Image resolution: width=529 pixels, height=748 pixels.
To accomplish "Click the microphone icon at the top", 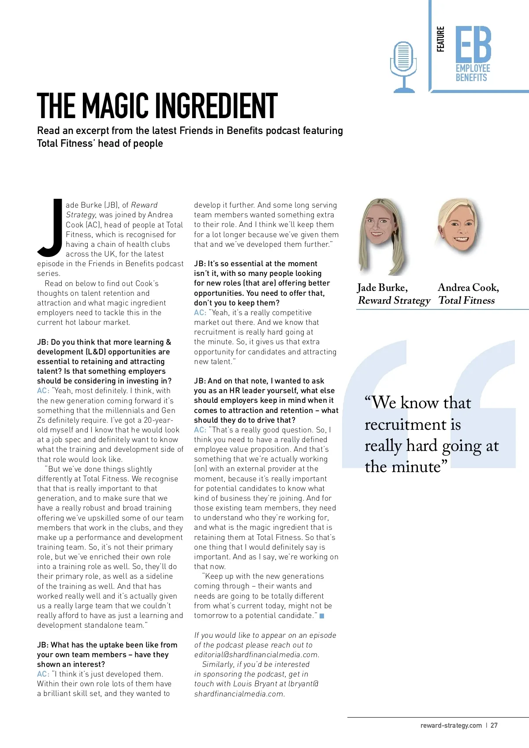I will pos(403,66).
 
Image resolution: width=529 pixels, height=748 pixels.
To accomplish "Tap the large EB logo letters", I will pos(473,44).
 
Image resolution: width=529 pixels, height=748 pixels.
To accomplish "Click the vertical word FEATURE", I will pos(440,39).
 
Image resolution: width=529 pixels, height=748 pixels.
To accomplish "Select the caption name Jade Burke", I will pos(382,288).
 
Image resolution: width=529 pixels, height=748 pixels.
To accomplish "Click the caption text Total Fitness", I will pos(466,301).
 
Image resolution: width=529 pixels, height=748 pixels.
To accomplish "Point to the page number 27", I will pos(494,725).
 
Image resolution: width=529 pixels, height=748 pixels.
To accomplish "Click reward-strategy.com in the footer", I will pos(451,725).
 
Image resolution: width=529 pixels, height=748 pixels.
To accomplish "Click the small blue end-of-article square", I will pos(322,616).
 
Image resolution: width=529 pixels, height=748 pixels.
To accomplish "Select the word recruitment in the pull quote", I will pos(406,424).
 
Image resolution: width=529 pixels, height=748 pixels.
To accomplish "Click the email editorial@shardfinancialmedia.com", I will pos(257,655).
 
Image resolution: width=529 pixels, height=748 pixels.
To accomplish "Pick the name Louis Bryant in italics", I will pos(255,684).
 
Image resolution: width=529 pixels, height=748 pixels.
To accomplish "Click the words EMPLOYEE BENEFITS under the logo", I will pos(473,73).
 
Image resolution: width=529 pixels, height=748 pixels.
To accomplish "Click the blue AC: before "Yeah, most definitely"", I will pos(43,391).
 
